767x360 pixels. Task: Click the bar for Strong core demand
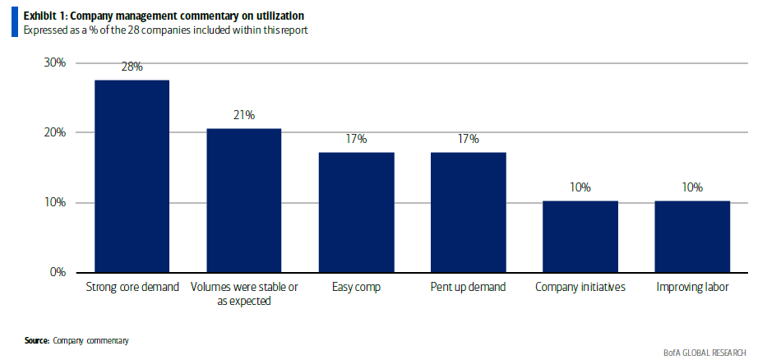coord(132,176)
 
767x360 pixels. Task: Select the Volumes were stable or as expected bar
coord(244,201)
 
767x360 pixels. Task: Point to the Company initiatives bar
coord(580,237)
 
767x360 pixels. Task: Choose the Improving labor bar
coord(691,237)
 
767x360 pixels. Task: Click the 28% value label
coord(132,67)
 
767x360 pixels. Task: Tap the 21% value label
coord(244,115)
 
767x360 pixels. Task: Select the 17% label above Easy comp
coord(356,139)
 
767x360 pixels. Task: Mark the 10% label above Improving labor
coord(691,187)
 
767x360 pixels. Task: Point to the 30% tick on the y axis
coord(54,63)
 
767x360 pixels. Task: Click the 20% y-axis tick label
coord(54,133)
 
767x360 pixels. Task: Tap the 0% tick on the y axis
coord(58,272)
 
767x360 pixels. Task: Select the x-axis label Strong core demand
coord(132,288)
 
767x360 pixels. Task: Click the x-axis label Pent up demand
coord(468,288)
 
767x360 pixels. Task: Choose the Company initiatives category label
coord(580,288)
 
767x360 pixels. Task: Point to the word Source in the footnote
coord(36,339)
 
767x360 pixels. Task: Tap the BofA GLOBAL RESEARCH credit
coord(705,352)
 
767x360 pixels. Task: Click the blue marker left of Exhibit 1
coord(13,23)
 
